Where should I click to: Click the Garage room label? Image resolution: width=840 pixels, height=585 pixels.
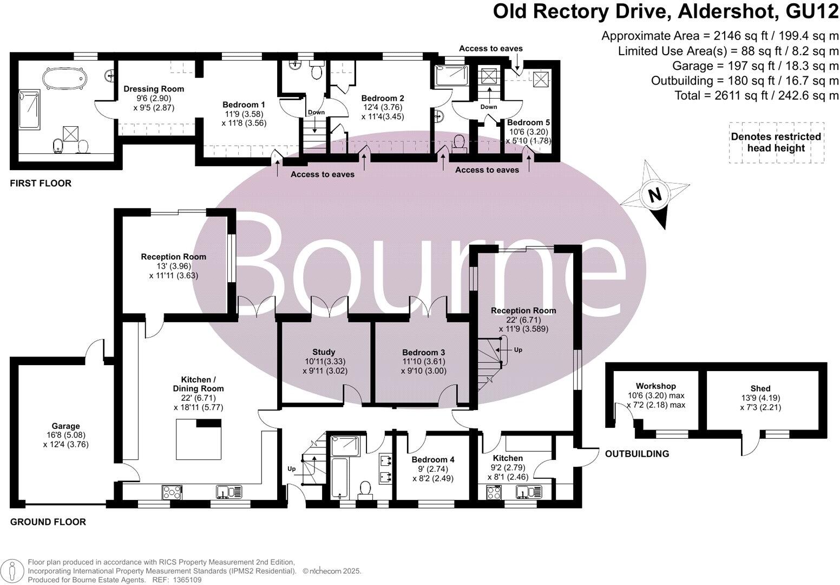65,426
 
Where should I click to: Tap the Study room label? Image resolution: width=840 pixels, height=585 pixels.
324,352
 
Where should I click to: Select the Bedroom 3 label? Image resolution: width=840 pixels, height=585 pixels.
423,352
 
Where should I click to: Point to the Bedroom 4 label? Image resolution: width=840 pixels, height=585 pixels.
433,459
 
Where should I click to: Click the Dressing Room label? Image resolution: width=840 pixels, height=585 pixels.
154,89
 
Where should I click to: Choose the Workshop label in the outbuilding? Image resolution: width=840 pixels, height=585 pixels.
655,386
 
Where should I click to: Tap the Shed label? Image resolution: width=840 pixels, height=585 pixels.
760,388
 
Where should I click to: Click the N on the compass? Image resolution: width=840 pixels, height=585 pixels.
655,194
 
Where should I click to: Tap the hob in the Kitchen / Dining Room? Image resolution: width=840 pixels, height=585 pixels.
172,493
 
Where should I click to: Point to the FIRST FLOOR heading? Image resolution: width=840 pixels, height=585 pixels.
41,184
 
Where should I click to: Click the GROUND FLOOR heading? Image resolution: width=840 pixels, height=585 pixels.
48,522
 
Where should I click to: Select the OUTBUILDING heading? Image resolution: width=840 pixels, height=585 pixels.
636,454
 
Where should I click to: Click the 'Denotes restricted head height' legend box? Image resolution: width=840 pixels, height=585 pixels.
776,142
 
